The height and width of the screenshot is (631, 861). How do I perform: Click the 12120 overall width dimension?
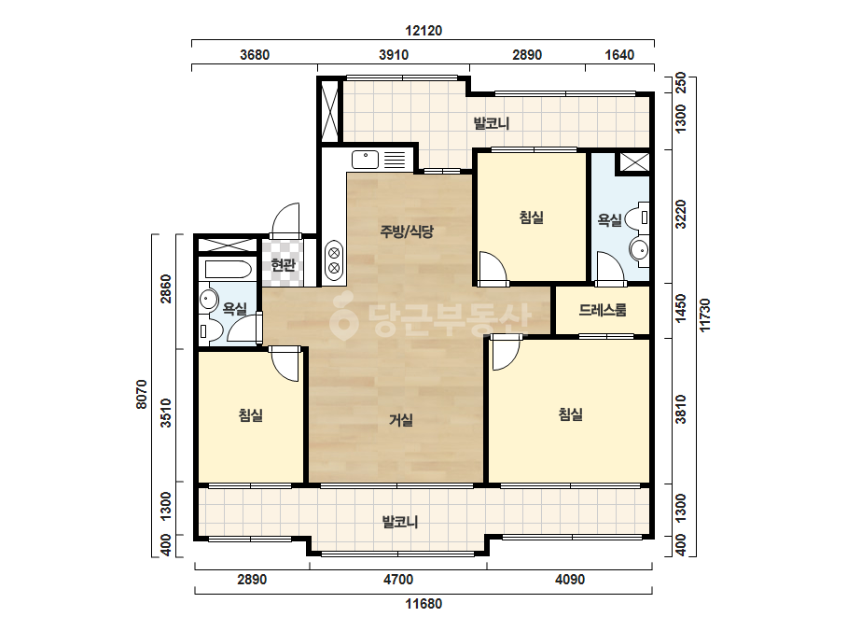(424, 31)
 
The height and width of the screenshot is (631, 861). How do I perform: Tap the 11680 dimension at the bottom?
(424, 604)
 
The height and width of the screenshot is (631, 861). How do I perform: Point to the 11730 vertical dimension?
(705, 315)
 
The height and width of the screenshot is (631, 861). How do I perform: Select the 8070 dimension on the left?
(142, 394)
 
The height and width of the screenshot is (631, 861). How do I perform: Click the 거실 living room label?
(401, 420)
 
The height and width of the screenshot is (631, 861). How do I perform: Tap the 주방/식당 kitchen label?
(407, 231)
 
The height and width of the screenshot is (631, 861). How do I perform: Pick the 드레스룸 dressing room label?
(603, 310)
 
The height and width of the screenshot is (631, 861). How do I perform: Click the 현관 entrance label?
(284, 265)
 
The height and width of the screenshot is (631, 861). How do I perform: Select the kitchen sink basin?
(365, 160)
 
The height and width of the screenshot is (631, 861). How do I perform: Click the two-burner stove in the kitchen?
(334, 260)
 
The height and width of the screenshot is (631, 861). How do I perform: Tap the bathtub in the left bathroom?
(228, 270)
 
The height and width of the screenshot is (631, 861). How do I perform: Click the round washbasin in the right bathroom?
(639, 251)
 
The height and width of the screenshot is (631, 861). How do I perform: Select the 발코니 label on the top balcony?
(492, 123)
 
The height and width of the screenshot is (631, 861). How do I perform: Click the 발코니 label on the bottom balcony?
(400, 522)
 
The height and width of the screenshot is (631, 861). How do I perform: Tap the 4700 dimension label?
(398, 580)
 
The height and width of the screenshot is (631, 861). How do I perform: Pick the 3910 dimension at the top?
(394, 55)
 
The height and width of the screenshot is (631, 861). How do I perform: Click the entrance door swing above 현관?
(286, 220)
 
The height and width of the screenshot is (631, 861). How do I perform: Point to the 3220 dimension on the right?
(680, 215)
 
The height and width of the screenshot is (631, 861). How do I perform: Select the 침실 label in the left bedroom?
(250, 415)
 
